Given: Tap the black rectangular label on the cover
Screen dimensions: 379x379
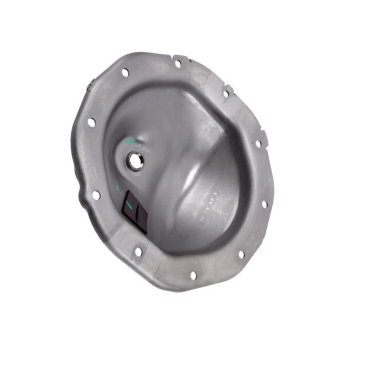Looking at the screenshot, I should (x=134, y=212).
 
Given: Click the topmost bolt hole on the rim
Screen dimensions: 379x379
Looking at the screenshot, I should (x=178, y=63).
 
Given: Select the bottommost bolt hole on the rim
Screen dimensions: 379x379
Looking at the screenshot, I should (x=193, y=275).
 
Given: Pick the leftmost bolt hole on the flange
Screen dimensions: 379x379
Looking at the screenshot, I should (x=91, y=122).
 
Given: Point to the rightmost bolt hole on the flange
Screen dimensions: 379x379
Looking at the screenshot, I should (x=264, y=204).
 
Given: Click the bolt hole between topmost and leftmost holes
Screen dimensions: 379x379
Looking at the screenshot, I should (x=125, y=73).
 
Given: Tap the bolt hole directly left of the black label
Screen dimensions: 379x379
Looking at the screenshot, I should (x=96, y=195).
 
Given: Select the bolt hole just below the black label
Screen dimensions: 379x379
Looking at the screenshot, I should (x=138, y=251).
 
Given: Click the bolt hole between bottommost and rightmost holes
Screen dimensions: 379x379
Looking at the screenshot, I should (x=242, y=254).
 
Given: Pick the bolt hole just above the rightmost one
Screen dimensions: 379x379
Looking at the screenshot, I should (x=258, y=143).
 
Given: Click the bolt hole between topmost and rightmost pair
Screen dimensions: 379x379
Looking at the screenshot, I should (x=226, y=94).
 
